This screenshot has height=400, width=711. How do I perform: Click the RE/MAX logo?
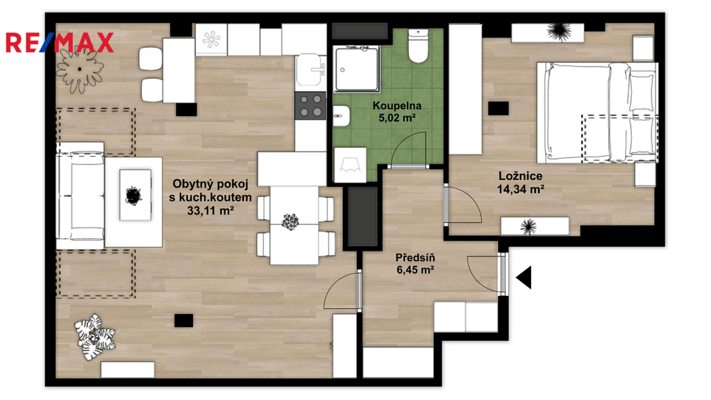coord(60,42)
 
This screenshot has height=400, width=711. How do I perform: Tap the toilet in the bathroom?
coord(418,46)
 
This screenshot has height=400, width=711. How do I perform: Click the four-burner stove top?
coord(310,106)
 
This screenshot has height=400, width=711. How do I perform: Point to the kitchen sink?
coord(310,70)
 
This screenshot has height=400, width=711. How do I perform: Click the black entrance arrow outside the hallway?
coord(524,277)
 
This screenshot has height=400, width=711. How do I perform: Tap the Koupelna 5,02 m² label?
coord(396,112)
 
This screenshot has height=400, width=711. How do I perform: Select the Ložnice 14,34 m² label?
coord(521,183)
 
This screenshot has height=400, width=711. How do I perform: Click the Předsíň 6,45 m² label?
coord(415,263)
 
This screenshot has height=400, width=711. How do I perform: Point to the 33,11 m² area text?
coord(210,210)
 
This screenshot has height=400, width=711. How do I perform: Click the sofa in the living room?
coord(81,196)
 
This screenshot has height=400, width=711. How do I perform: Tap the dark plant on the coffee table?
coord(134,195)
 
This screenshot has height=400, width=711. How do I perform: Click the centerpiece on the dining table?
coord(290,222)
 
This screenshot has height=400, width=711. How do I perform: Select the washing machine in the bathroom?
coord(350,165)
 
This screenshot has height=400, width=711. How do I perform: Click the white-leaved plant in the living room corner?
coord(94,337)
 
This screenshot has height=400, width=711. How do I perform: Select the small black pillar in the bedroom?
coord(499,108)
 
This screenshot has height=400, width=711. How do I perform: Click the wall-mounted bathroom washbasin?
coord(341,116)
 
